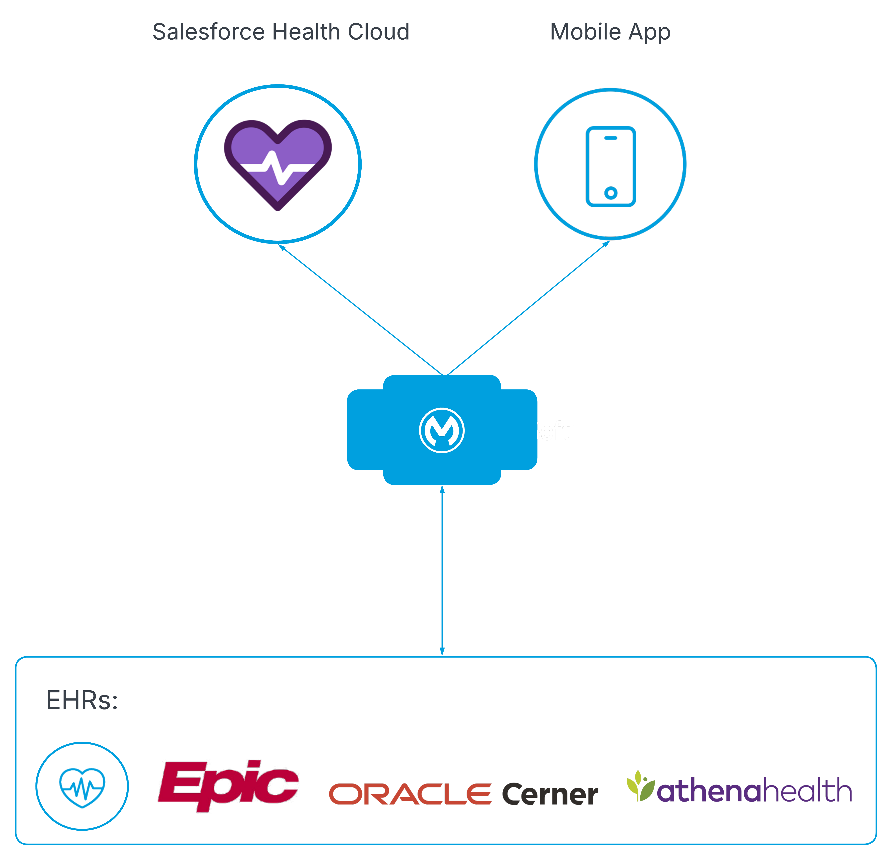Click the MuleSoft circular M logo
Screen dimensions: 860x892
(x=442, y=430)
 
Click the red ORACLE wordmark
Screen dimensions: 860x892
(x=410, y=794)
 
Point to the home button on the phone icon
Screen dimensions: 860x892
(x=611, y=193)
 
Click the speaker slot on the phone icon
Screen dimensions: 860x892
(x=611, y=138)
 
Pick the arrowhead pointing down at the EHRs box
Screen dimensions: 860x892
(x=442, y=651)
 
